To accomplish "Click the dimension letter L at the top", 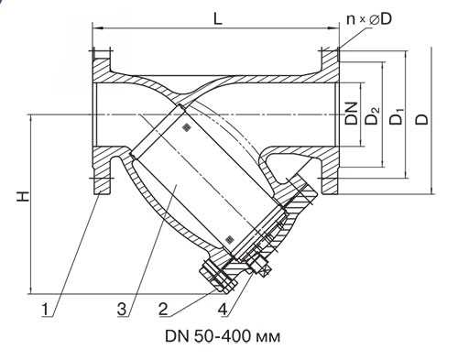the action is point(217,19).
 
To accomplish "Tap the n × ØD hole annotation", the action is point(369,19).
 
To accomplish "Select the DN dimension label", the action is point(352,113).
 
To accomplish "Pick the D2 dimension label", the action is point(373,115).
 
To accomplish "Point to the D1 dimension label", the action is point(397,115).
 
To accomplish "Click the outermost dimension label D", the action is point(422,119).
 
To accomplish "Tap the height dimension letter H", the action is point(23,196).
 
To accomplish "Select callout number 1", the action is point(45,310).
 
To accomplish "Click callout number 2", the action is point(163,310).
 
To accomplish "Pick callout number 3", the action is point(122,310).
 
